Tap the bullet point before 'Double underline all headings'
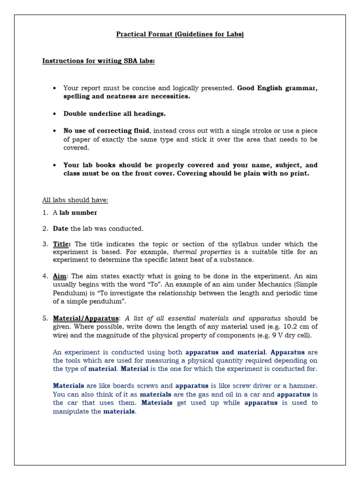[55, 114]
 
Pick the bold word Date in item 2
[60, 229]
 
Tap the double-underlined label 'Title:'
[62, 244]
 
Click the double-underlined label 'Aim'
[60, 277]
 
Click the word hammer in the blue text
[304, 386]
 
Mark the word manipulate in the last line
[71, 412]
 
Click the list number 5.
[45, 318]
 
